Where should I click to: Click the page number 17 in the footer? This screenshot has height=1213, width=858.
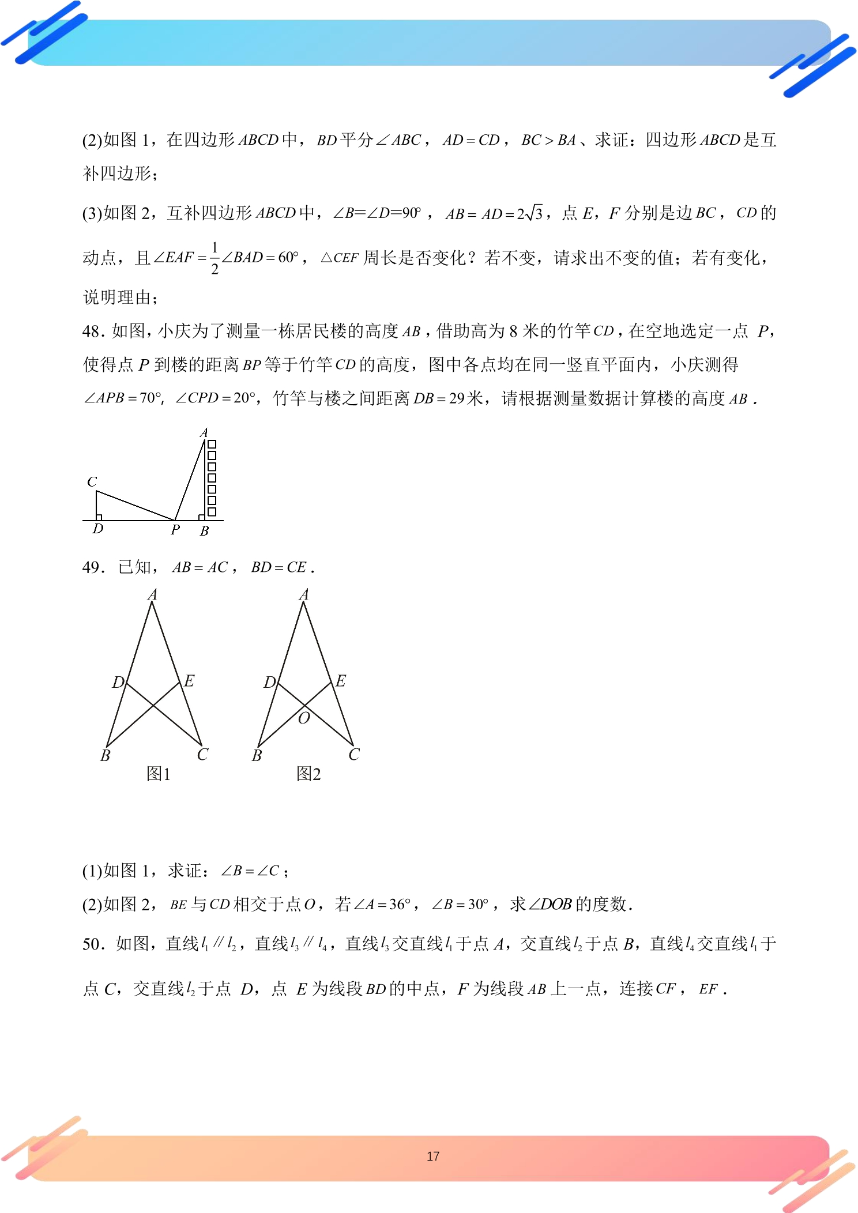coord(433,1157)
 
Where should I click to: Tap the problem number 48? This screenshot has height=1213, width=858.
coord(92,331)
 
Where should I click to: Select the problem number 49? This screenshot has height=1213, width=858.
coord(92,567)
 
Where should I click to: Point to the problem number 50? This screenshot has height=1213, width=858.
coord(92,944)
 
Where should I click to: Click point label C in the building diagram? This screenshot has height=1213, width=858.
coord(92,481)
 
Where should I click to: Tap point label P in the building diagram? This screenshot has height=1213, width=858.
coord(175,530)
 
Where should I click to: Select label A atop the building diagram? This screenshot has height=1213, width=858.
coord(204,432)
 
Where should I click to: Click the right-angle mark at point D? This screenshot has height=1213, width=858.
coord(99,518)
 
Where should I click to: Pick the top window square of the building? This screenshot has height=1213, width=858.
coord(212,444)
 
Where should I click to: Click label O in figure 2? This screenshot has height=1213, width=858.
coord(304,718)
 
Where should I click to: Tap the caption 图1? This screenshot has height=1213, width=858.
coord(159,774)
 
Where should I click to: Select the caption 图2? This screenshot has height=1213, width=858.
coord(308,774)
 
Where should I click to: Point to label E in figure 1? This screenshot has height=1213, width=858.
coord(189,681)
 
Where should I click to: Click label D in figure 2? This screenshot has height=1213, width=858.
coord(269,683)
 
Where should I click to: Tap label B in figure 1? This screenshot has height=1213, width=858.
coord(105,755)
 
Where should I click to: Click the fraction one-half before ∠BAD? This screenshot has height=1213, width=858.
coord(215,258)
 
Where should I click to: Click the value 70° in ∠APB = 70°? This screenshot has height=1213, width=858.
coord(150,398)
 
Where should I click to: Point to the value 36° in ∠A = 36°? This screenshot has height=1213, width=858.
coord(399,904)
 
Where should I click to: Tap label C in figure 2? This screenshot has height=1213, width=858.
coord(354,754)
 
